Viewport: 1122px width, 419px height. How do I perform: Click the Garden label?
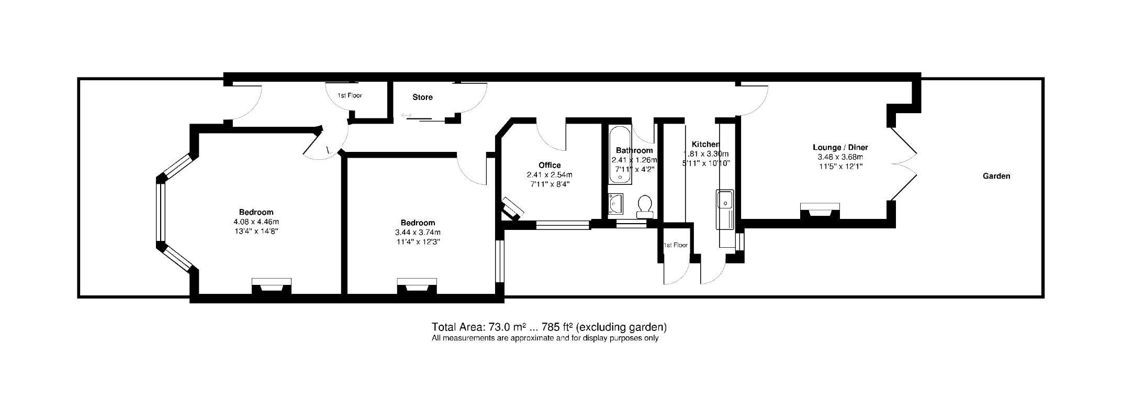point(996,177)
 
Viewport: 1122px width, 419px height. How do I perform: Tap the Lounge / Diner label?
point(840,148)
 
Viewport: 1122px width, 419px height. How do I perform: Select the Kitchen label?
point(705,145)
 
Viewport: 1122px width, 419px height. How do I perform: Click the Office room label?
point(549,166)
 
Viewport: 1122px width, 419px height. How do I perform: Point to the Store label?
point(422,97)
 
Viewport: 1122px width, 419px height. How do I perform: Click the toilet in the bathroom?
point(644,206)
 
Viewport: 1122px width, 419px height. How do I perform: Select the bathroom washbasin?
point(616,204)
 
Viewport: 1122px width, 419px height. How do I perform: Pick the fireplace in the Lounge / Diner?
point(820,211)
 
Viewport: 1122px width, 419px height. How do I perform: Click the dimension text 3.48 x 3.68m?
point(840,157)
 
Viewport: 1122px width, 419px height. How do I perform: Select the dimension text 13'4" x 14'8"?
point(256,231)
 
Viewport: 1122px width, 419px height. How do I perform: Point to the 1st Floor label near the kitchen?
point(675,245)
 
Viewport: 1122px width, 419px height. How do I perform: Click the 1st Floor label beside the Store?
point(350,96)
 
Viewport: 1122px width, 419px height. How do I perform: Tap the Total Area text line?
point(548,327)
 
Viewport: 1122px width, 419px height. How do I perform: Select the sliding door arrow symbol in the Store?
point(407,116)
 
